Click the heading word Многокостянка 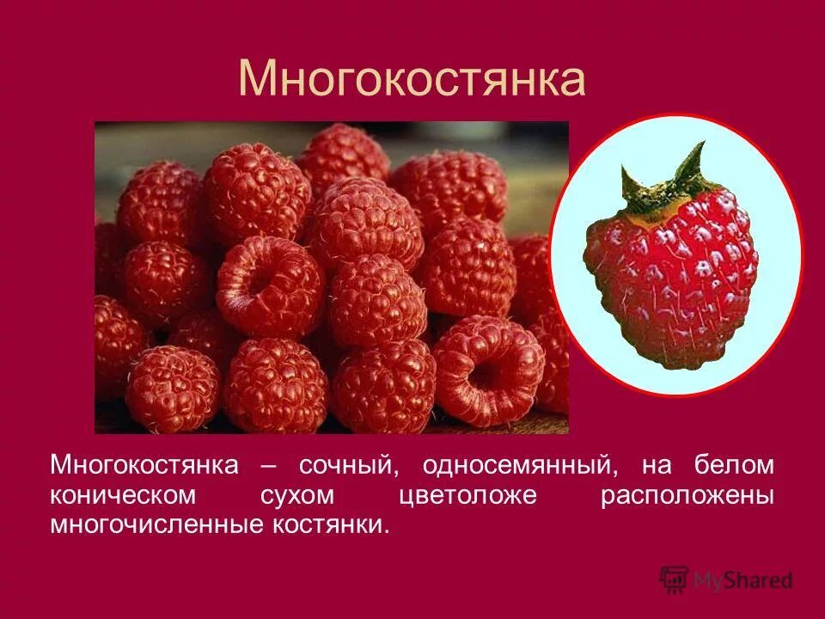tap(412, 79)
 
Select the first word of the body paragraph tap(144, 466)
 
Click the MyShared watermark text tap(744, 580)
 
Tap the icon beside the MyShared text tap(675, 579)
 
